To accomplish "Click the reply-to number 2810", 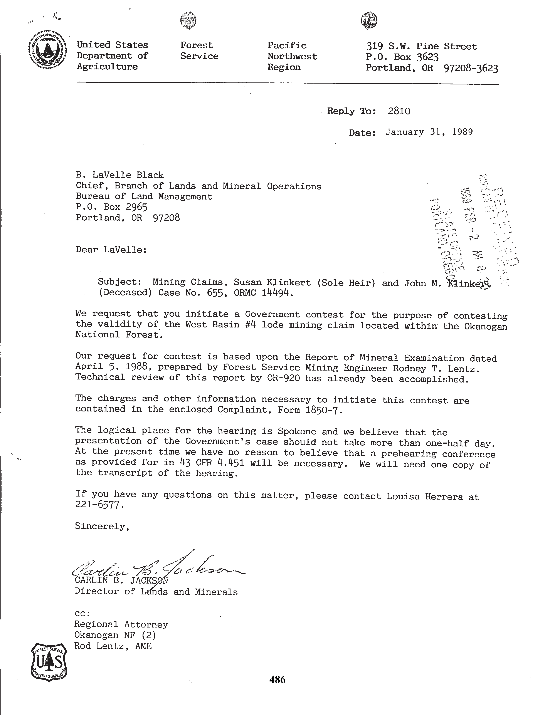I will click(399, 111).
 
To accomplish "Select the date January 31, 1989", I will click(429, 132).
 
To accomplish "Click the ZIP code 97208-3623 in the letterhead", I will click(471, 68).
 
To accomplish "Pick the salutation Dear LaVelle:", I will click(111, 250).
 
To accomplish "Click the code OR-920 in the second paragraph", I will click(283, 378).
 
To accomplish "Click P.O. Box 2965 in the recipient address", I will click(111, 207).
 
